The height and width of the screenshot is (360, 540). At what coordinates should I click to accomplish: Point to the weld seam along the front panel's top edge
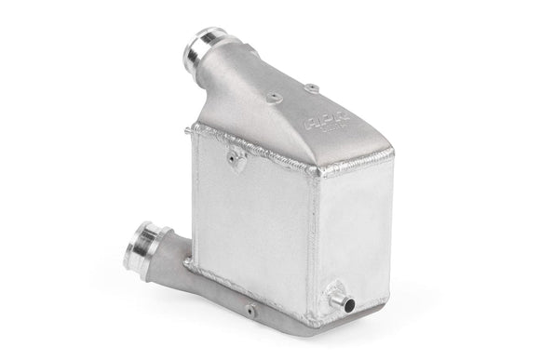tap(256, 150)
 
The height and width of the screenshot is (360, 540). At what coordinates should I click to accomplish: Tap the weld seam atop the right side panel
tap(350, 167)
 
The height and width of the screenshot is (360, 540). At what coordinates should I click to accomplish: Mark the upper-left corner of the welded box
tap(193, 128)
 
